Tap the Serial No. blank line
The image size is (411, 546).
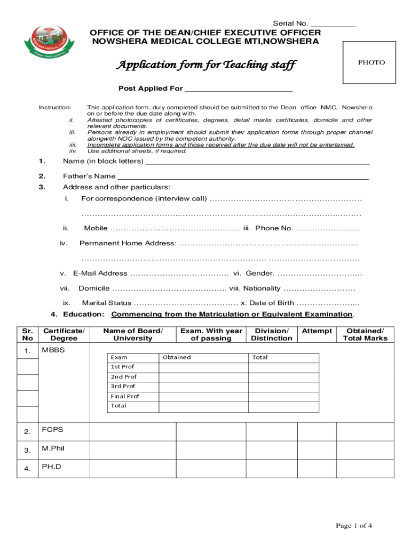(x=333, y=24)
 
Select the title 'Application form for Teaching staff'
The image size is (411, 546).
(x=206, y=65)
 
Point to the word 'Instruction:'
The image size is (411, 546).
(x=55, y=107)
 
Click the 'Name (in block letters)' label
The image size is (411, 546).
(x=103, y=161)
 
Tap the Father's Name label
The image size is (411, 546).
(x=89, y=176)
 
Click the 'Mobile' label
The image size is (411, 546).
(x=96, y=228)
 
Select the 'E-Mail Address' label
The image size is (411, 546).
(x=100, y=273)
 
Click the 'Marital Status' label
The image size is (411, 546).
(x=106, y=303)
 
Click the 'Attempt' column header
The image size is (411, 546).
(x=317, y=331)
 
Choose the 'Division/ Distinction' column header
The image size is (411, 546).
(x=272, y=334)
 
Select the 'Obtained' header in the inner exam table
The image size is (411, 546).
(x=177, y=357)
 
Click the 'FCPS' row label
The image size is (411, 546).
(x=52, y=429)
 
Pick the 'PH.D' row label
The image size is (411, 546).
(x=52, y=467)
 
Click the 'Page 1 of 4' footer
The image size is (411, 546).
(x=353, y=526)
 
